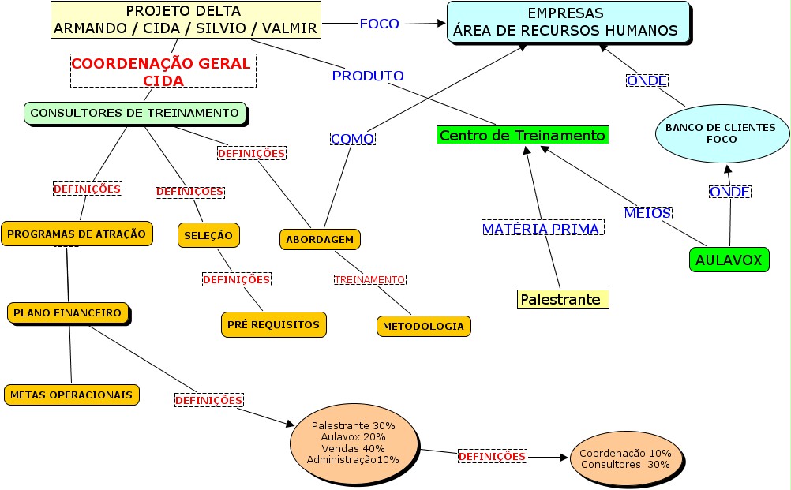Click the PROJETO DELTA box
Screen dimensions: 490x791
coord(186,21)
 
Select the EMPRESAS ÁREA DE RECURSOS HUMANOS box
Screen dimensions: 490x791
coord(568,22)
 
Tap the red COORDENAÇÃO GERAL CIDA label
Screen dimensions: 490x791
coord(162,72)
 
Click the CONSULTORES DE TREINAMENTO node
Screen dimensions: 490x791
coord(135,113)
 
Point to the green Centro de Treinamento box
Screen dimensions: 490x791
coord(523,136)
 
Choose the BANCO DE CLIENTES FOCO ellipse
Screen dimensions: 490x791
coord(722,133)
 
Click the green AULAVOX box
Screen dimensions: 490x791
coord(729,260)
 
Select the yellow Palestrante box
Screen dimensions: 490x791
coord(564,300)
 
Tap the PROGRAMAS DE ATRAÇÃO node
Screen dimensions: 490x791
coord(77,234)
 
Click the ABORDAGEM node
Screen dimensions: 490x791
coord(320,239)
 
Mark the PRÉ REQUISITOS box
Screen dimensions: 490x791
coord(273,324)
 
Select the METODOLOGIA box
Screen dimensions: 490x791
coord(424,326)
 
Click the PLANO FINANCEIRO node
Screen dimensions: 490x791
coord(68,312)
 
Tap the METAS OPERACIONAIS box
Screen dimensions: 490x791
coord(72,395)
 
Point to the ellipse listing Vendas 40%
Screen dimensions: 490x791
coord(354,442)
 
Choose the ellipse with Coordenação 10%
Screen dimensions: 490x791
coord(625,458)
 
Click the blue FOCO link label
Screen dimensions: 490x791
coord(380,24)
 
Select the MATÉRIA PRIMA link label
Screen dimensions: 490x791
coord(542,228)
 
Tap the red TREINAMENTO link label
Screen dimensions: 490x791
coord(369,279)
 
